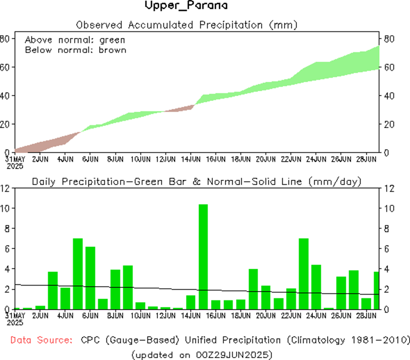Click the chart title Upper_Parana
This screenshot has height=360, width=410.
point(186,6)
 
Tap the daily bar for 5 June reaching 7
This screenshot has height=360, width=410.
point(78,274)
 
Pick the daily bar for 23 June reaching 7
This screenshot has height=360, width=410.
point(304,274)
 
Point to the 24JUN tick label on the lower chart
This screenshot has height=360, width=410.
point(318,316)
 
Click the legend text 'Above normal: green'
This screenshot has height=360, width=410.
point(75,40)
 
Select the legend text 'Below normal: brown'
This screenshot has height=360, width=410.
point(76,50)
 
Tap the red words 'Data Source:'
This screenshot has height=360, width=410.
point(41,340)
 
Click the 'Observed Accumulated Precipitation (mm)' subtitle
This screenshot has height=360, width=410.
point(187,24)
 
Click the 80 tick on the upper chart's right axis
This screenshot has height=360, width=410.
point(389,39)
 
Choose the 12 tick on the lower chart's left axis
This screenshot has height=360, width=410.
point(5,188)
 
